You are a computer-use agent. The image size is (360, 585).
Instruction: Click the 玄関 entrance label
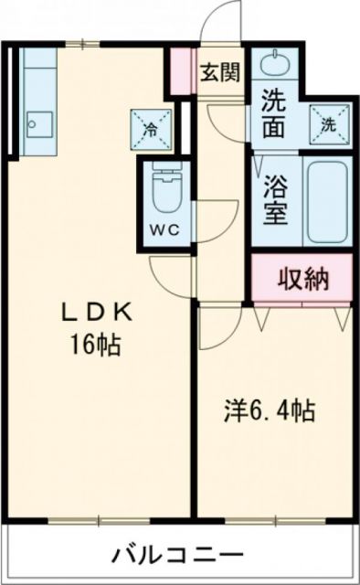tap(220, 72)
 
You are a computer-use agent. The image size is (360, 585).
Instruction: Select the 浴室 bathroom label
tap(275, 201)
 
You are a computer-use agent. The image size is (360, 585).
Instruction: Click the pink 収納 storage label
tap(302, 279)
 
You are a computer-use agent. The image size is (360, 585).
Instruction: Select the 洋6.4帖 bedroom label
tap(271, 410)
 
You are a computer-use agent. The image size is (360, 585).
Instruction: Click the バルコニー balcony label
tap(178, 554)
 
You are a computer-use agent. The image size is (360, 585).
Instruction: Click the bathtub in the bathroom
tap(327, 201)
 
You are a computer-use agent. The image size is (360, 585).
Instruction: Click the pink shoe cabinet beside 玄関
tap(183, 71)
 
